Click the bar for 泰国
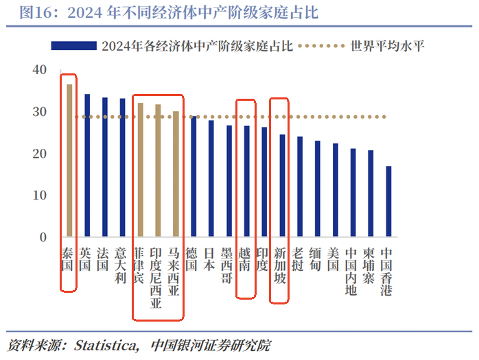[69, 161]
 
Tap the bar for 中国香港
[388, 202]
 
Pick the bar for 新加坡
[281, 186]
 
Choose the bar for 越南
[246, 182]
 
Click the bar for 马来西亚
[176, 174]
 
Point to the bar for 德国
[194, 177]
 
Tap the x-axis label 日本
[210, 259]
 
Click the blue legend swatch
[73, 46]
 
